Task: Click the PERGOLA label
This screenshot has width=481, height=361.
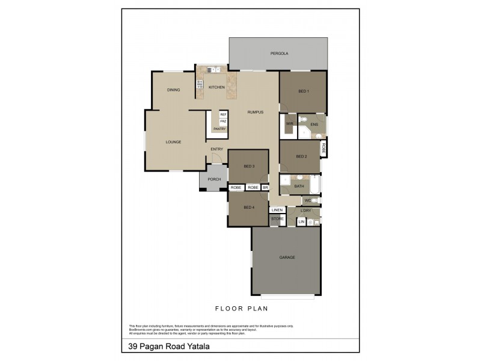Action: (x=279, y=54)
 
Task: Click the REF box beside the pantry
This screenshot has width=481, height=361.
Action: (x=222, y=114)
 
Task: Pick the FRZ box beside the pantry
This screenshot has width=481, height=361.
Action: (x=222, y=122)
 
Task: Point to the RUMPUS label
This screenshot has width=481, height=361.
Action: (x=256, y=112)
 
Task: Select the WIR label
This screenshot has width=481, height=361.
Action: (x=289, y=124)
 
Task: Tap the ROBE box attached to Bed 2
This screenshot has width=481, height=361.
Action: (x=323, y=149)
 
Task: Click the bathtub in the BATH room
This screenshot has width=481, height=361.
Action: (x=315, y=184)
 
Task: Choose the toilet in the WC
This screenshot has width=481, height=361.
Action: (x=317, y=200)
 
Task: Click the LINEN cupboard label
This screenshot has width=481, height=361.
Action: (x=277, y=210)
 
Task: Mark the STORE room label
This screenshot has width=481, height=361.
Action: (x=277, y=219)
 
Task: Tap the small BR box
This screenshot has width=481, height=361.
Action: (x=265, y=188)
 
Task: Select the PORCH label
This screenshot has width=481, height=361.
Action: (x=214, y=179)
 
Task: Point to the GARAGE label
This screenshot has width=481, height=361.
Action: (x=287, y=257)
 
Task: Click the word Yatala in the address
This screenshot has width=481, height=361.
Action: (x=197, y=346)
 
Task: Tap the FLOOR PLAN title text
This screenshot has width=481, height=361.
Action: (x=241, y=308)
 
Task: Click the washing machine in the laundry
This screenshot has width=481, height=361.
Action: (x=311, y=222)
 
